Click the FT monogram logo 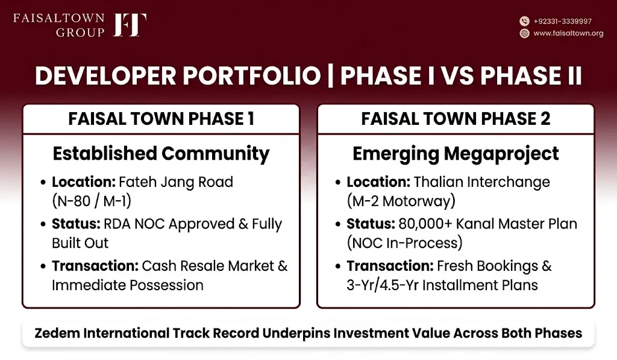click(130, 25)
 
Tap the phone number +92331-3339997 click(562, 21)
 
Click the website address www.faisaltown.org click(568, 34)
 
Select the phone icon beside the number click(524, 21)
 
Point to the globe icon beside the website click(524, 34)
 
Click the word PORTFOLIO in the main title click(252, 75)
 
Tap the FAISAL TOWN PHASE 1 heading click(161, 119)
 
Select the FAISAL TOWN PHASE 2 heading click(456, 119)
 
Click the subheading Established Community click(161, 154)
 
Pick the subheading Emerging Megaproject click(456, 154)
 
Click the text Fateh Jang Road click(176, 182)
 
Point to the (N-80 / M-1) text click(92, 201)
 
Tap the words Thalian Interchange click(481, 182)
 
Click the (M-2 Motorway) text click(401, 201)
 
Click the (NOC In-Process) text click(404, 243)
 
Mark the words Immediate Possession click(128, 285)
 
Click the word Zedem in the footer click(57, 333)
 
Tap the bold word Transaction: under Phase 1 click(95, 267)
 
